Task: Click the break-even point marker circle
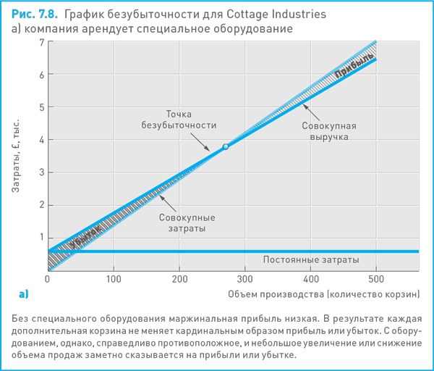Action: coord(225,146)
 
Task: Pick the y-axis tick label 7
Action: coord(41,43)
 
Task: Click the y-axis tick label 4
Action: coord(41,140)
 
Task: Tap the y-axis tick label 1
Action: coord(41,237)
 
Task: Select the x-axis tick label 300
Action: coord(244,278)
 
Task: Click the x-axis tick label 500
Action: coord(376,278)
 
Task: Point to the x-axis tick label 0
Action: coord(47,278)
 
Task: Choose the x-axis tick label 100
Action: coord(113,278)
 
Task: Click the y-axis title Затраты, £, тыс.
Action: coord(17,155)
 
